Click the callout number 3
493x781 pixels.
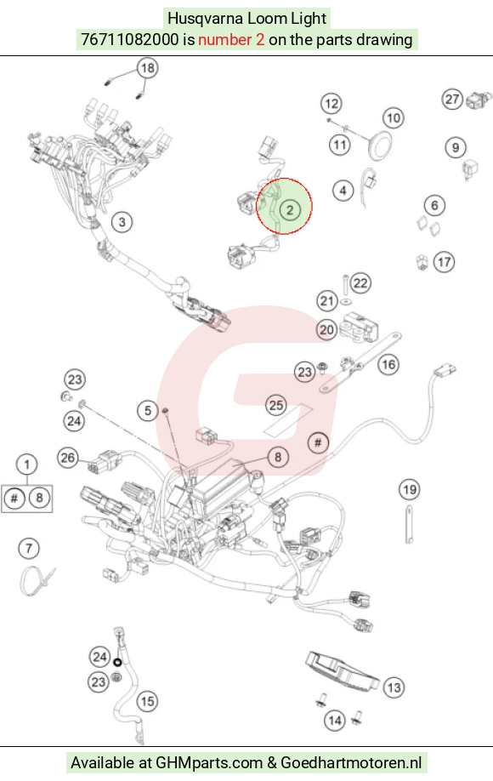pos(122,222)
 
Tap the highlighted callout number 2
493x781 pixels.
pos(290,209)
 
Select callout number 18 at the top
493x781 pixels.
pos(148,68)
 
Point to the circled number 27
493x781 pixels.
pos(452,100)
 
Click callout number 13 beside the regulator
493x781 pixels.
pos(394,688)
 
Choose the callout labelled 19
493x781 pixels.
pos(410,490)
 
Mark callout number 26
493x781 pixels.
pos(68,457)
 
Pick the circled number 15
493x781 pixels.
pos(147,701)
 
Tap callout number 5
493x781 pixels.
pos(148,410)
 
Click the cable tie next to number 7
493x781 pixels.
pos(36,580)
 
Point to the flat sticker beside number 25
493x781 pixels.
pos(289,419)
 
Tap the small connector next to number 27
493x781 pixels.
pos(476,100)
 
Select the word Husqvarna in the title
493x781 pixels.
pos(206,19)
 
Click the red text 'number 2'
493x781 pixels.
pos(231,39)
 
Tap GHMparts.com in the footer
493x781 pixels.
pos(209,762)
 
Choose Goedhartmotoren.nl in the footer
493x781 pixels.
pos(351,762)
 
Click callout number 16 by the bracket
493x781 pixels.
pos(388,365)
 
